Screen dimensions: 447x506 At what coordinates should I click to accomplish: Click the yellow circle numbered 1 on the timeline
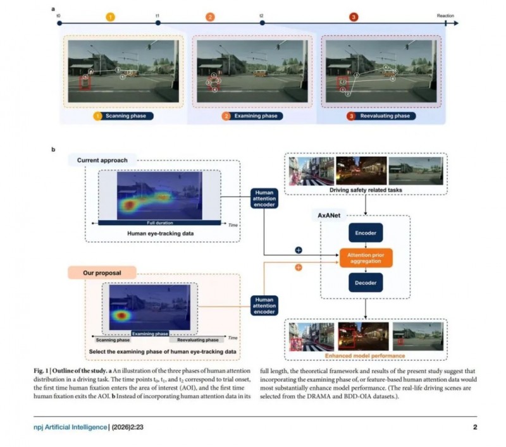point(110,18)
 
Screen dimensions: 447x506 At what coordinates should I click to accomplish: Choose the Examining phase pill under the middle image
point(252,116)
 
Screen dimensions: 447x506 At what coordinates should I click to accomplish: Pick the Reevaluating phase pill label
point(380,116)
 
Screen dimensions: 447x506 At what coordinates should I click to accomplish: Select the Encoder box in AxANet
point(366,233)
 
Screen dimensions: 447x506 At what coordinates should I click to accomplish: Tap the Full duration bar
point(159,223)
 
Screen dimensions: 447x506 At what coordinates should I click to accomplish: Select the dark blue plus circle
point(299,250)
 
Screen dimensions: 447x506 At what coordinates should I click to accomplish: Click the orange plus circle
point(299,267)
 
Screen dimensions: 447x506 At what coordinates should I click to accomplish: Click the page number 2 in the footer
point(474,427)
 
